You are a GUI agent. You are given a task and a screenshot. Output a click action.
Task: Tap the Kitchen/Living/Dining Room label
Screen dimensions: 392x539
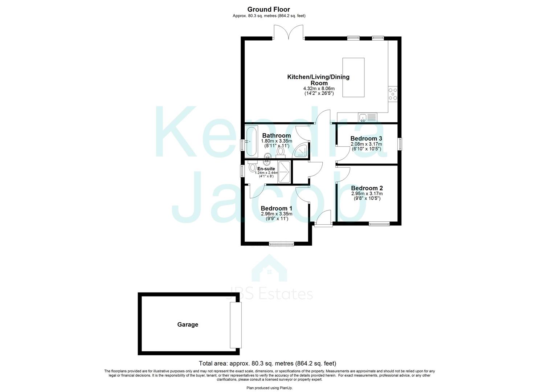pyautogui.click(x=318, y=80)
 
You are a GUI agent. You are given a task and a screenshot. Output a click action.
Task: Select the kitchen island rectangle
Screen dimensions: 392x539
pyautogui.click(x=354, y=77)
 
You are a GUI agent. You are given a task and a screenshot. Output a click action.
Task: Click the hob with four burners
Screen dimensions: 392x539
pyautogui.click(x=393, y=94)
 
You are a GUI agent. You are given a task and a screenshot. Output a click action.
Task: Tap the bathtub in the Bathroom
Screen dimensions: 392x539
pyautogui.click(x=251, y=141)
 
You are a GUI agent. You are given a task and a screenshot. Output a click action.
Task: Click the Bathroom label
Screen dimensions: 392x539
pyautogui.click(x=276, y=135)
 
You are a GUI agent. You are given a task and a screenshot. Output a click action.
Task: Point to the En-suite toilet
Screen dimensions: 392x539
pyautogui.click(x=253, y=168)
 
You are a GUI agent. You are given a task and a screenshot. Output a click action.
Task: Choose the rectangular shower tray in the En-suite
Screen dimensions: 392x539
pyautogui.click(x=284, y=172)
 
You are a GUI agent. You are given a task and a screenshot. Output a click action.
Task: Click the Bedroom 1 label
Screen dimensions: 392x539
pyautogui.click(x=276, y=208)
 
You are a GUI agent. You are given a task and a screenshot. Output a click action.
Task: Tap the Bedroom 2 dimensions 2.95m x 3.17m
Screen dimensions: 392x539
pyautogui.click(x=367, y=194)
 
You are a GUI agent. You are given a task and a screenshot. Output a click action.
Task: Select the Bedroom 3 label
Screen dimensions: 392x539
pyautogui.click(x=366, y=138)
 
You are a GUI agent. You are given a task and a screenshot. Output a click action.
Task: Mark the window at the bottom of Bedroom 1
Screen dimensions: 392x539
pyautogui.click(x=281, y=244)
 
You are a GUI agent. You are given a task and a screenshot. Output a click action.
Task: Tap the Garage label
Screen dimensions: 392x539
pyautogui.click(x=188, y=324)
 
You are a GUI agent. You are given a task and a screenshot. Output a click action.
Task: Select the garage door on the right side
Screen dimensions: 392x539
pyautogui.click(x=235, y=325)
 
